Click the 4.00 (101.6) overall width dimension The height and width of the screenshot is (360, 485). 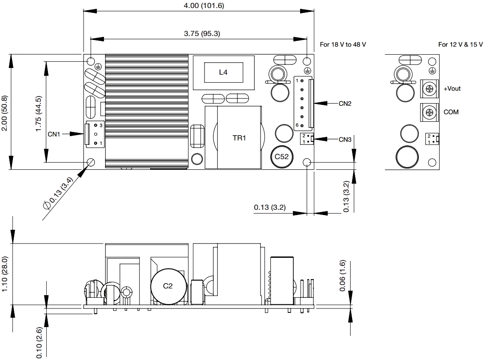(x=204, y=6)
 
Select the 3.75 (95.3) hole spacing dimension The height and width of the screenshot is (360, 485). (x=202, y=33)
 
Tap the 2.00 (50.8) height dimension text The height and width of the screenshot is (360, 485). (x=4, y=113)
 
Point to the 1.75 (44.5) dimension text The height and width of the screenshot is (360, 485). (x=38, y=113)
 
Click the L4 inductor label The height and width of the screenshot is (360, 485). (x=223, y=72)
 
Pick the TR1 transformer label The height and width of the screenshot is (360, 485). (x=239, y=138)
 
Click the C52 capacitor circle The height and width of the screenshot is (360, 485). (x=281, y=157)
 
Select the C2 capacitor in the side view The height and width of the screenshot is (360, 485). (x=169, y=286)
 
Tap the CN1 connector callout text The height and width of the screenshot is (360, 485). (x=54, y=134)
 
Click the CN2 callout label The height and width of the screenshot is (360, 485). (x=345, y=104)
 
